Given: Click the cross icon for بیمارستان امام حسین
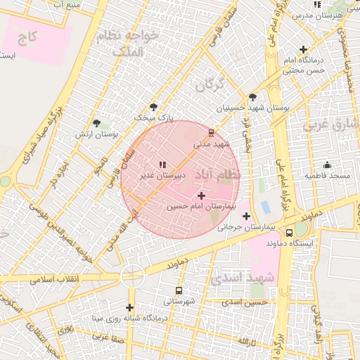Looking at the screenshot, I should (202, 195).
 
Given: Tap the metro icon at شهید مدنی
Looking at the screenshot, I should (211, 133).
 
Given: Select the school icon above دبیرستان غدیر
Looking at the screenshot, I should (162, 164).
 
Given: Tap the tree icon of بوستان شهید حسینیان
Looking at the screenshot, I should (252, 97).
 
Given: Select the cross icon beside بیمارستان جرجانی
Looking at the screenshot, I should (245, 216).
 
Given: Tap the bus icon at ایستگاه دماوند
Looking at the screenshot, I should (290, 232).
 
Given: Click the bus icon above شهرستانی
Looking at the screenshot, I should (179, 290).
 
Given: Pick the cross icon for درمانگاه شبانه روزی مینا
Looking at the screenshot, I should (129, 307).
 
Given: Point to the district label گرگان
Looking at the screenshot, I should (210, 87).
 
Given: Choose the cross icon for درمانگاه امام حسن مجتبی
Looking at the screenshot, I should (303, 49).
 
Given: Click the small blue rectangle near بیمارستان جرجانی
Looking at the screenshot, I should (265, 207).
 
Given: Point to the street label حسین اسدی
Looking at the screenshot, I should (245, 302).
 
